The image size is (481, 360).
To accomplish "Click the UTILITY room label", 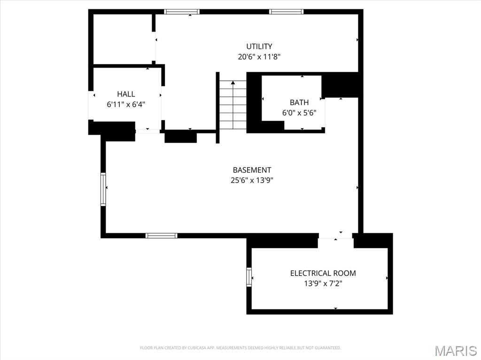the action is coord(259,46).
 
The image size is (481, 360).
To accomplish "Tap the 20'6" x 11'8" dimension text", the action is coord(259,57).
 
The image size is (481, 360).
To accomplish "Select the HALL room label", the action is coord(126,94).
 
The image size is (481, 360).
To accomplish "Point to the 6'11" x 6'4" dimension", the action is coord(126,105).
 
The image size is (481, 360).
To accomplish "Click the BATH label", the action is coord(299,102).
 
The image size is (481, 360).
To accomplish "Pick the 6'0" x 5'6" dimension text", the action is coord(299,113).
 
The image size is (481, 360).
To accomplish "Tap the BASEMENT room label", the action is coord(252,170).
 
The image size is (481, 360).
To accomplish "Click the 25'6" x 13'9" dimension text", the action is coord(252,180).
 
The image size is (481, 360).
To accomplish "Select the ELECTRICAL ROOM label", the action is coord(323,273).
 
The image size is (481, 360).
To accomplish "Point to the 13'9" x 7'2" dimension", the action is coord(323,283).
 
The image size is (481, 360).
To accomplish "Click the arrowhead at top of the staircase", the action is coord(233,83).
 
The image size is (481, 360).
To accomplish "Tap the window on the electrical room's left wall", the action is coord(249,277).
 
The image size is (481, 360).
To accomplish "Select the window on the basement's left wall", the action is coord(103,189).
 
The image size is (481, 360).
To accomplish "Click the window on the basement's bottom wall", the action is coord(162,236).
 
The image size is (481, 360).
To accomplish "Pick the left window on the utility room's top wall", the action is coord(182,12).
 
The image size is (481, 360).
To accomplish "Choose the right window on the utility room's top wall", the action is coord(286,12).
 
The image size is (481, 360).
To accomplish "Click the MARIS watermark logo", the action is coord(456,351).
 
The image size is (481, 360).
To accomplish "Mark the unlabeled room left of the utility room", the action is coord(123,39).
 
